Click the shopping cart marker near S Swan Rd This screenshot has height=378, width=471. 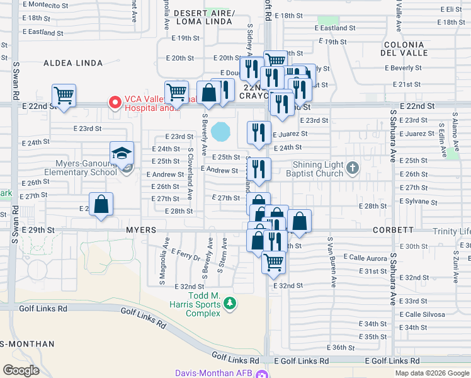tap(64, 96)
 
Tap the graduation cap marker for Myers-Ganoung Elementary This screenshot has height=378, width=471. tap(122, 154)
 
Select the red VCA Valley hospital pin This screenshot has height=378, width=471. tap(115, 101)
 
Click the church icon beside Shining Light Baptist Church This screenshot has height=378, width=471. tap(352, 168)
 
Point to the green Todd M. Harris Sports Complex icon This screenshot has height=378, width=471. tap(230, 304)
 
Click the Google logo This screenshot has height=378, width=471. tap(21, 370)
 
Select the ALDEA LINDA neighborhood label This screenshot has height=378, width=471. tap(68, 63)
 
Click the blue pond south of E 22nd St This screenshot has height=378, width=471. tap(221, 132)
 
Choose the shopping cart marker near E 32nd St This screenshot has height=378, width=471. tap(273, 261)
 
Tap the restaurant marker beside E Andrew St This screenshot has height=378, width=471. tap(259, 169)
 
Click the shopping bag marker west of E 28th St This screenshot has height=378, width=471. tap(101, 205)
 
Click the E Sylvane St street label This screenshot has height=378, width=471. tap(418, 202)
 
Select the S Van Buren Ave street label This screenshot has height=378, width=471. tap(329, 255)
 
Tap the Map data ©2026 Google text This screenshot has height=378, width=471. tap(431, 373)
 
